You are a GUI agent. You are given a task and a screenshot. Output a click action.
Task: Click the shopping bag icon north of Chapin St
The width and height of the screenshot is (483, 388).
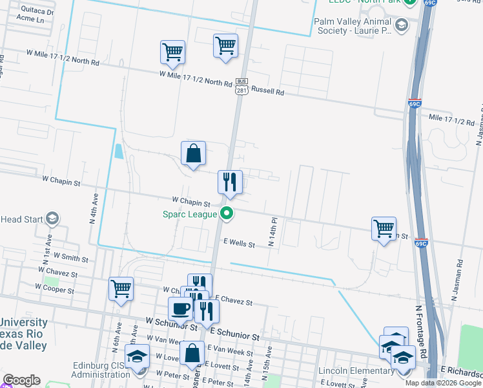[x=193, y=154]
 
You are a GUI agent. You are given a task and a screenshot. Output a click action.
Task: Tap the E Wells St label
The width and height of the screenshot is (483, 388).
[x=240, y=244]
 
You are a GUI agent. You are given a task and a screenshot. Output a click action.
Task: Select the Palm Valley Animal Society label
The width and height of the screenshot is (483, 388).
[x=353, y=26]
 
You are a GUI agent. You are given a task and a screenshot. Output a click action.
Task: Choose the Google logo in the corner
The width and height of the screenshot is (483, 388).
[x=21, y=380]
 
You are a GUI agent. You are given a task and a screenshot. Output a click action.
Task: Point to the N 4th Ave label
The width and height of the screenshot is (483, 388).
[x=93, y=208]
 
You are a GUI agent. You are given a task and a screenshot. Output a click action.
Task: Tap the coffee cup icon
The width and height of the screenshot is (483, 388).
[x=180, y=309]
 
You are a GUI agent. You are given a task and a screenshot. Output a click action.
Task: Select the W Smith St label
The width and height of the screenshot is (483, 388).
[x=71, y=258]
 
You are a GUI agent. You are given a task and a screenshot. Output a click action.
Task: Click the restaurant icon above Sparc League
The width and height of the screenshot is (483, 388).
[x=230, y=183]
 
